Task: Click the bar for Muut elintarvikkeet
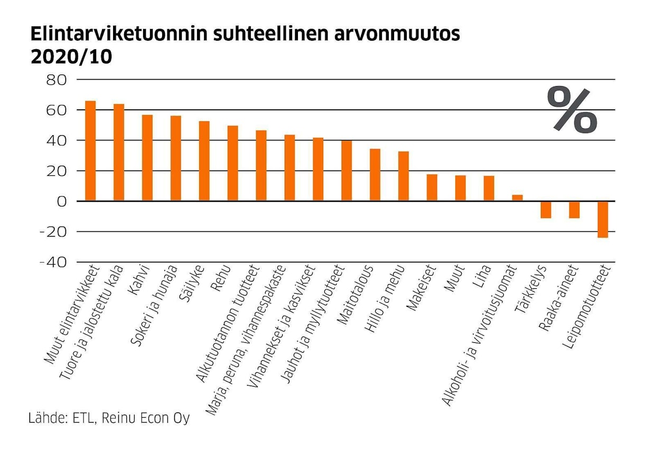pyautogui.click(x=90, y=151)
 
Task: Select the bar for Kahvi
pyautogui.click(x=147, y=158)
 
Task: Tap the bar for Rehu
pyautogui.click(x=232, y=163)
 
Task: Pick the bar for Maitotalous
pyautogui.click(x=375, y=175)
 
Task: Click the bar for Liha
pyautogui.click(x=489, y=189)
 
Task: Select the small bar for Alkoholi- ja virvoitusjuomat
pyautogui.click(x=518, y=198)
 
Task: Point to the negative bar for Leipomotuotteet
pyautogui.click(x=603, y=219)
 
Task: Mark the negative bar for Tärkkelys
pyautogui.click(x=546, y=210)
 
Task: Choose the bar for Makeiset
pyautogui.click(x=432, y=187)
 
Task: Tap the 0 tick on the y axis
pyautogui.click(x=62, y=202)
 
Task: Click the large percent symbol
pyautogui.click(x=573, y=110)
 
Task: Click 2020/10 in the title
pyautogui.click(x=71, y=57)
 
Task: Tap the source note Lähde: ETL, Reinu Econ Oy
pyautogui.click(x=109, y=419)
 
